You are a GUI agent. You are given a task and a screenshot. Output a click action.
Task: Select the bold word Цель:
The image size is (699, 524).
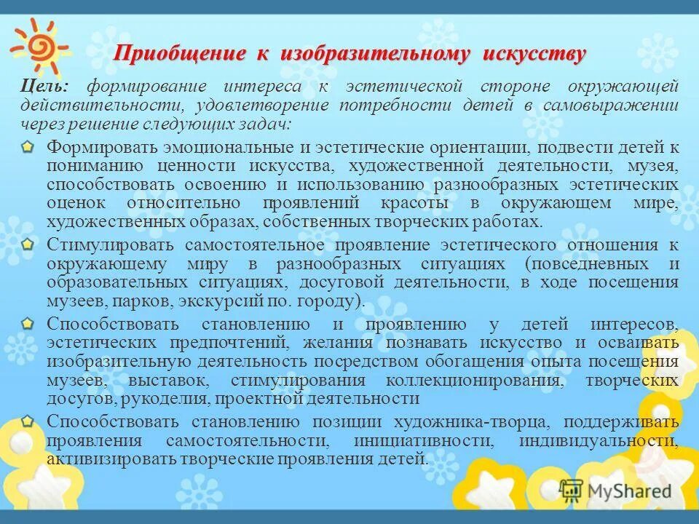45,87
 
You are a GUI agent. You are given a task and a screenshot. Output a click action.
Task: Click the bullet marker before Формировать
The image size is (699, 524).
27,147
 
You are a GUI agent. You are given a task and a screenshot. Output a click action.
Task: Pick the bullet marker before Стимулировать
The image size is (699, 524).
27,243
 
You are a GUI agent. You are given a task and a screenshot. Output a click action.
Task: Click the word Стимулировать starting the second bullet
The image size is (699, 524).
109,244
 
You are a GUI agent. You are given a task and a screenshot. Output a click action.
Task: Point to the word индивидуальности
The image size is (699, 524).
599,441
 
